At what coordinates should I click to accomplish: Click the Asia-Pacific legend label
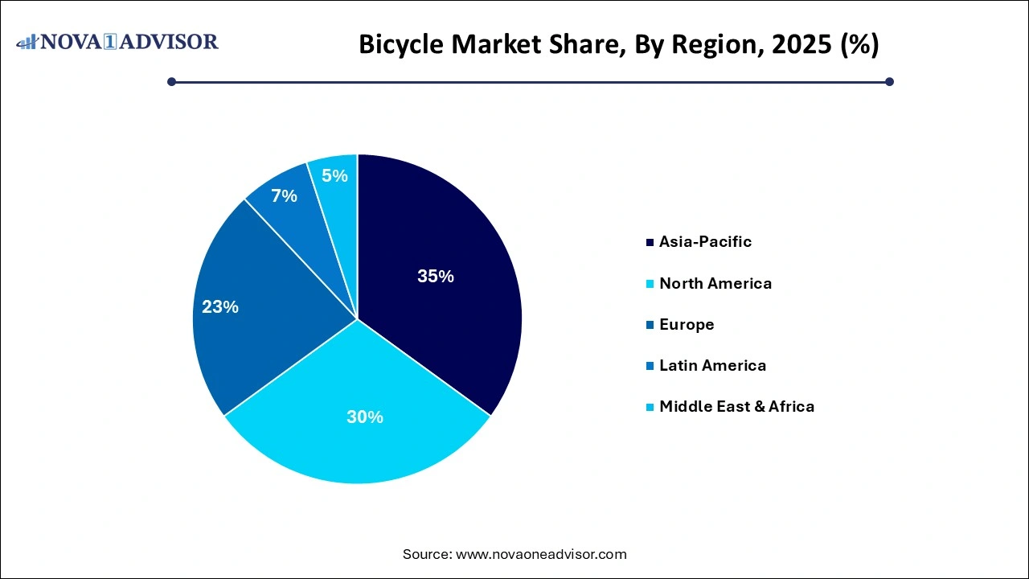coord(705,241)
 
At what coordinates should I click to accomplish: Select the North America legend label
coord(715,283)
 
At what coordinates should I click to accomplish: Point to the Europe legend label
coord(686,324)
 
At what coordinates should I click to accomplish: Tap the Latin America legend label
coord(712,365)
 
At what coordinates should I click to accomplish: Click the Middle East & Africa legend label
coord(736,406)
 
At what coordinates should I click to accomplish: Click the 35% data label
coord(435,277)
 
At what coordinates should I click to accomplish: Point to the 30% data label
coord(364,417)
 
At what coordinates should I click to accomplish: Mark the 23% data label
coord(219,307)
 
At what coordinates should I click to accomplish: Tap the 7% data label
coord(284,195)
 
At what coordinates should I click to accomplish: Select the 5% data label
coord(334,175)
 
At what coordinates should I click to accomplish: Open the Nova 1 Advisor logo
coord(117,42)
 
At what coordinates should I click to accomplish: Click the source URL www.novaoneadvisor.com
coord(540,554)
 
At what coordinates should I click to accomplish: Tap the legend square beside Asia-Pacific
coord(649,242)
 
